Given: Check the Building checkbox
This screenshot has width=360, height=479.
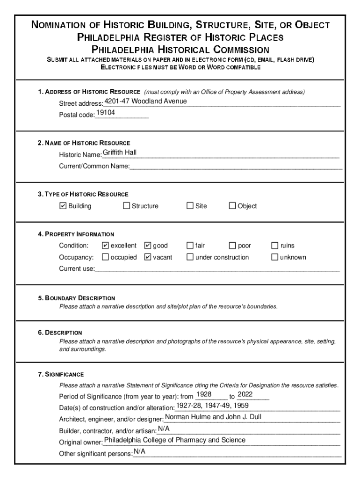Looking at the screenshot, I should (x=63, y=206).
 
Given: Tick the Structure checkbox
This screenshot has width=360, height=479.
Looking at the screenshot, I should (x=126, y=206).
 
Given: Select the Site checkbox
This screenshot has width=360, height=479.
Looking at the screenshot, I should (x=190, y=206).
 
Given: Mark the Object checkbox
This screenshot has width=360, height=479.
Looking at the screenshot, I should (x=232, y=206).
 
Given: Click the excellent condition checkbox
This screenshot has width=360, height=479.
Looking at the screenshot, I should (x=105, y=245).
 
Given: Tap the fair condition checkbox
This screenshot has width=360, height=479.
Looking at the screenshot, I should (x=190, y=245).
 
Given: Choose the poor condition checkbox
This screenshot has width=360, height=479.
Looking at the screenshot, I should (x=232, y=245).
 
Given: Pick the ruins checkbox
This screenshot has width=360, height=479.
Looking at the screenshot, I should (x=275, y=245).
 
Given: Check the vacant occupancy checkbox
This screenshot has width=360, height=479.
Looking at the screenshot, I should (x=148, y=257).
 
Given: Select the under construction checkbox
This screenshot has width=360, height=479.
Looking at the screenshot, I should (x=190, y=257).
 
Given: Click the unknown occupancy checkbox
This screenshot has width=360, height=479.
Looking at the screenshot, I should (x=275, y=257).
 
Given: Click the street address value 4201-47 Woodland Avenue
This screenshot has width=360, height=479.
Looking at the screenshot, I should (x=145, y=102).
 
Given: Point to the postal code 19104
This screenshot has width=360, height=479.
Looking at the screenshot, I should (x=106, y=113).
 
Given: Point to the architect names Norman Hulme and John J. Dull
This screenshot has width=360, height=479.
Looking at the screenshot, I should (x=213, y=417).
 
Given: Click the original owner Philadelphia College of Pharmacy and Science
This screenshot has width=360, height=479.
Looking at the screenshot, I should (x=174, y=440).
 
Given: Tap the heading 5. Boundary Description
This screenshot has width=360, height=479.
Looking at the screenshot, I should (x=77, y=298).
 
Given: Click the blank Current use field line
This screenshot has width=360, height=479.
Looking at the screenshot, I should (x=217, y=269).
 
